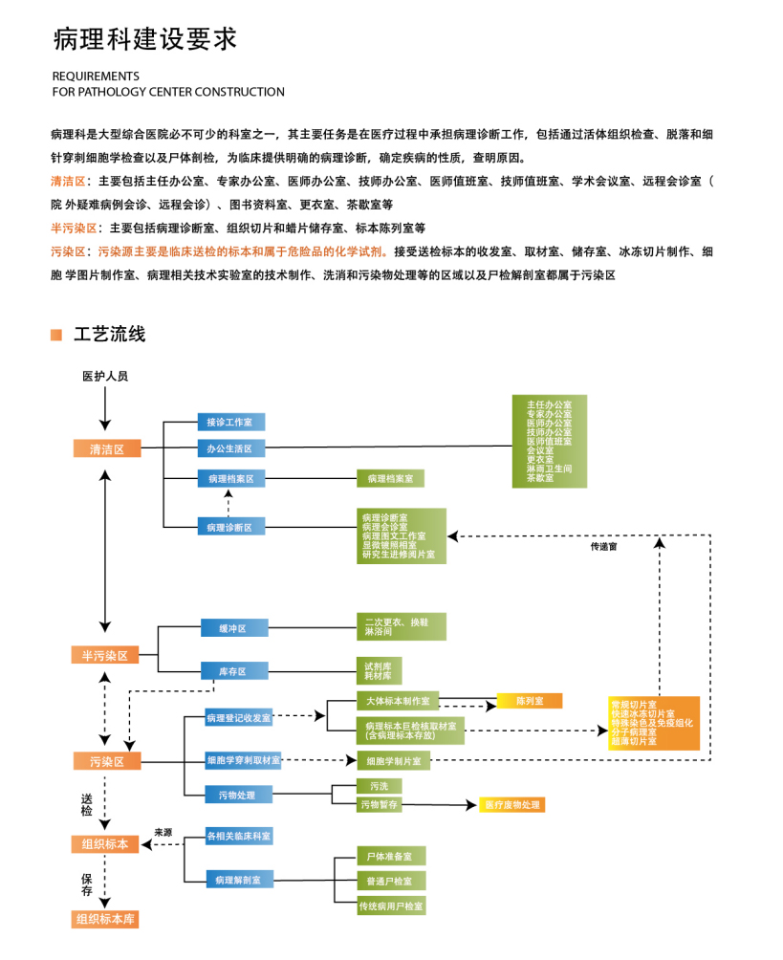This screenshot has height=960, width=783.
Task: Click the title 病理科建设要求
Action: pos(144,39)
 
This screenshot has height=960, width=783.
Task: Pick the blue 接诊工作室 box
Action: pos(230,422)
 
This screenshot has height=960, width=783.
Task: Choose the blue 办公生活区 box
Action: pos(230,447)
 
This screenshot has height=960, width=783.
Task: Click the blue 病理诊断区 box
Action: pos(230,527)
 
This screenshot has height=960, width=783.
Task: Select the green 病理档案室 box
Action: pos(390,477)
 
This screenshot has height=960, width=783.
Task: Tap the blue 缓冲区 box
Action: pos(233,628)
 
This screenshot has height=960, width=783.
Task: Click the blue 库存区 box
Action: pos(233,671)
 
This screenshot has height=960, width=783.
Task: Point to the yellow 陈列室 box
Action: pos(529,701)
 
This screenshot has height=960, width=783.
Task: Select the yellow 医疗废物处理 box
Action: pos(511,805)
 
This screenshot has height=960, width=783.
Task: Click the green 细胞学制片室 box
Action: pos(394,761)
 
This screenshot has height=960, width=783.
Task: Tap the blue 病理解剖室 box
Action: pos(239,879)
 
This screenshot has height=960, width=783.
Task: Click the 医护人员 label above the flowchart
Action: pos(105,377)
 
